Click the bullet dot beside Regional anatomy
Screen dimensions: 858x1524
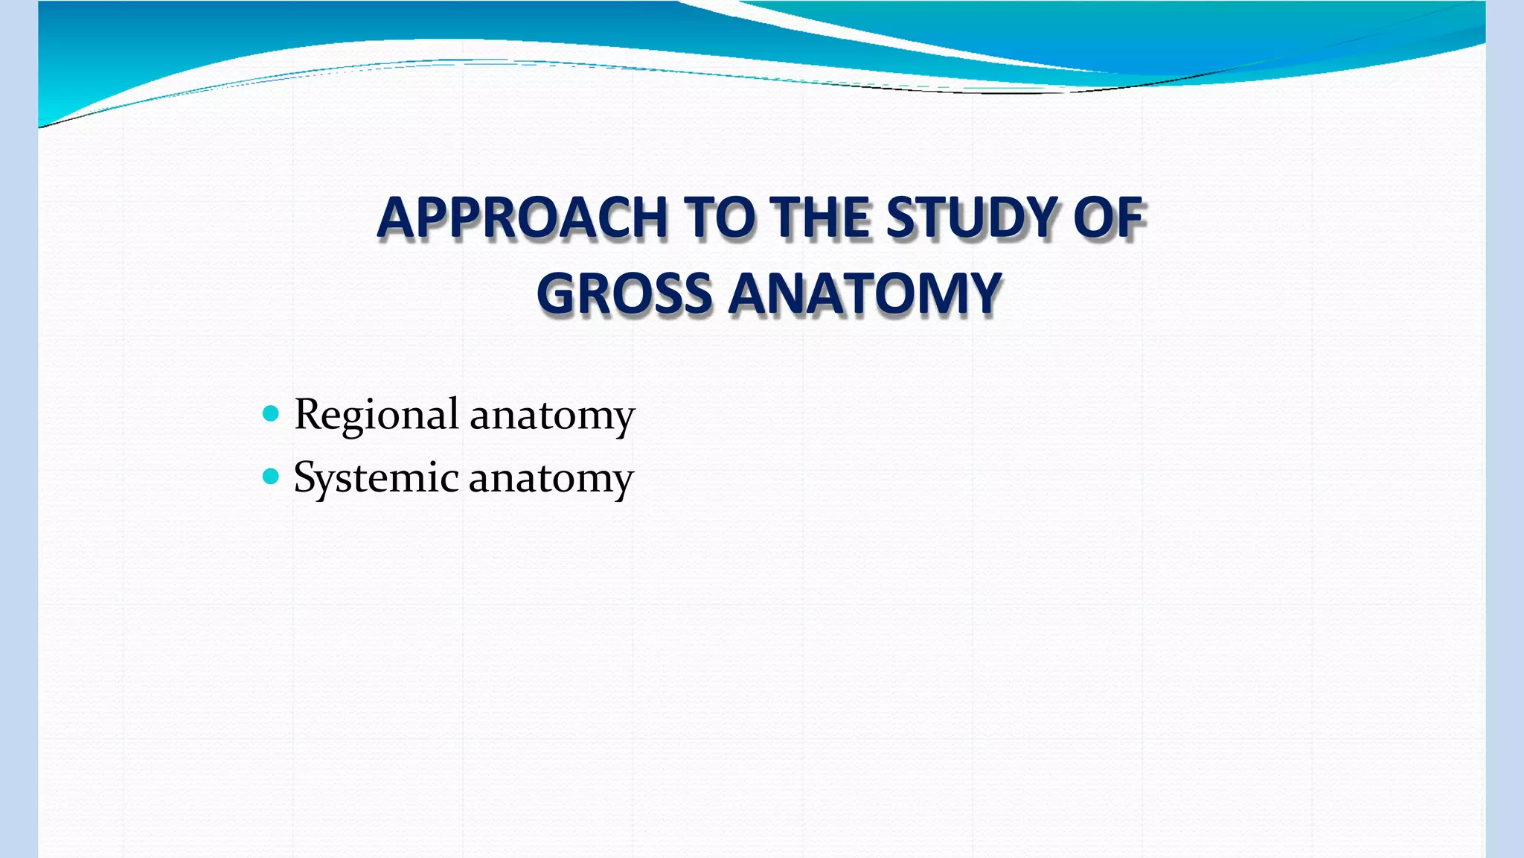(x=271, y=413)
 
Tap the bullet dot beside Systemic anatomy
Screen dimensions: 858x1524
(x=271, y=476)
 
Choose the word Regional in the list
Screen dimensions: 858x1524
(x=376, y=415)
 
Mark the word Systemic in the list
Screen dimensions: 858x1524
(x=376, y=478)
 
